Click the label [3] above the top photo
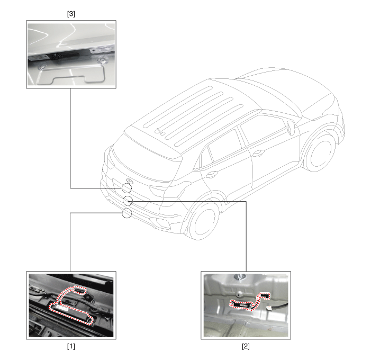71,14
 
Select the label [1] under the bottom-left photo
71,346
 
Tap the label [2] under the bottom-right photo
246,346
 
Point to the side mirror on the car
291,128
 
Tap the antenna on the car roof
160,131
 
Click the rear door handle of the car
212,175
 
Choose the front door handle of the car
258,154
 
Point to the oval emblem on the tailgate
130,181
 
